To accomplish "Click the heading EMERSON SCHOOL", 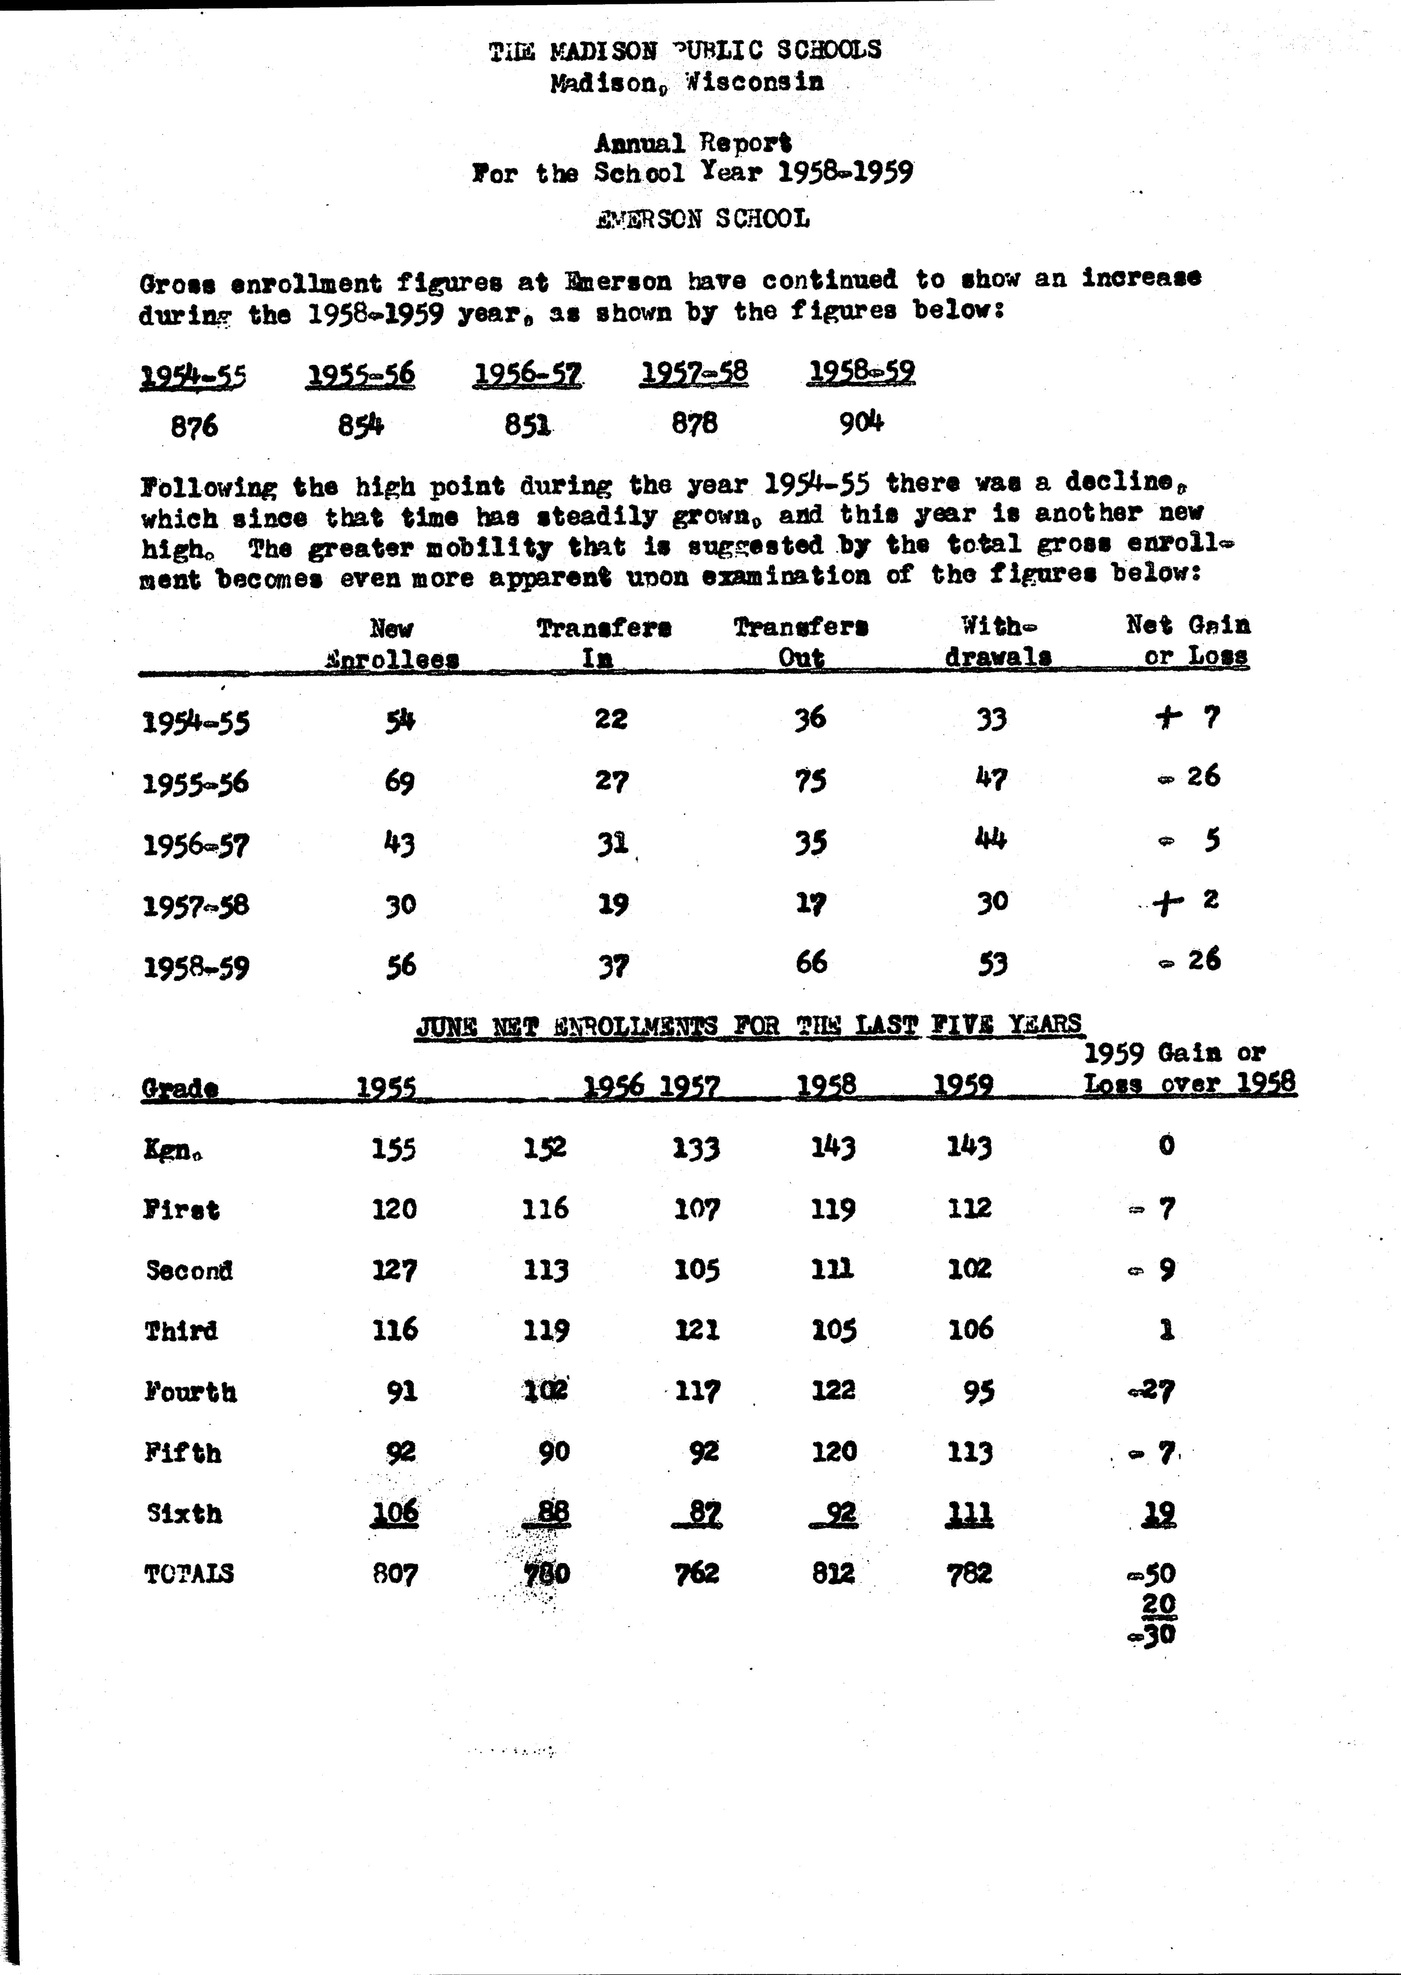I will (x=702, y=219).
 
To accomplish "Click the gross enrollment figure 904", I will (x=861, y=423).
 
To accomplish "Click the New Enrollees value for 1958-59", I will (x=400, y=965).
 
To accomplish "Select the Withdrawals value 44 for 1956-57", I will (x=991, y=838).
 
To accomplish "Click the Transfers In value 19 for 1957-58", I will (x=612, y=904).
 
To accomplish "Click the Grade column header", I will (x=179, y=1088).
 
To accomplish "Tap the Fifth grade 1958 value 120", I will (x=834, y=1451).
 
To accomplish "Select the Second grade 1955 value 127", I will (x=394, y=1270).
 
